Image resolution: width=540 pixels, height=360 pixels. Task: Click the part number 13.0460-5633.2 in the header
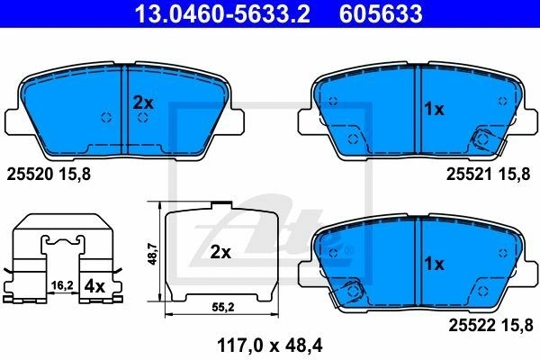(x=222, y=13)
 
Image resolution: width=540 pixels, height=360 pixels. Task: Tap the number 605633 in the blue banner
(x=381, y=13)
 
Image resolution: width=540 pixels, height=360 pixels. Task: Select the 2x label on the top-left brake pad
(x=143, y=103)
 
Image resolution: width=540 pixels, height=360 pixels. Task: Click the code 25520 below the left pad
(x=30, y=175)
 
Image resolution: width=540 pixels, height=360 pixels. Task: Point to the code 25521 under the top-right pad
(x=470, y=175)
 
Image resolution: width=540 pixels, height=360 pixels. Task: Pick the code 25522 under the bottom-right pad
(x=472, y=325)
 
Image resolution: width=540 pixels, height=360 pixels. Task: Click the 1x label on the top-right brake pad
(x=435, y=109)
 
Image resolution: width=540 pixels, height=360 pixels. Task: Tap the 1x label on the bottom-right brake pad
(x=435, y=264)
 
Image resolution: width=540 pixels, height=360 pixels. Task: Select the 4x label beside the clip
(x=94, y=286)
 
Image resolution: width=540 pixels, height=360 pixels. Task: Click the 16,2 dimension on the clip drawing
(x=62, y=285)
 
